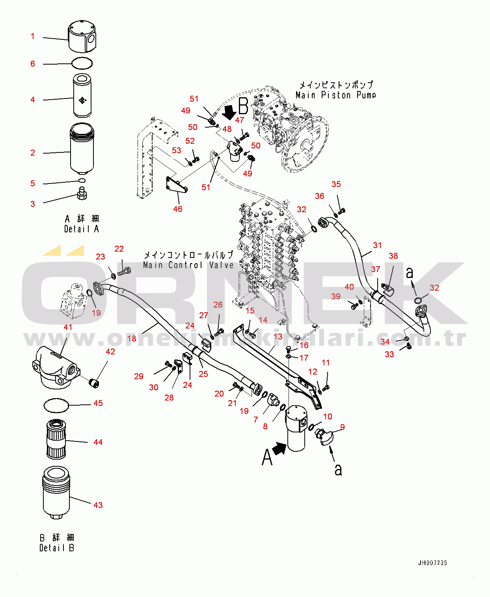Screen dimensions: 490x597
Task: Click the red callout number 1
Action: [33, 36]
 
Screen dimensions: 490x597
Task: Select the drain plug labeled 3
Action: [82, 193]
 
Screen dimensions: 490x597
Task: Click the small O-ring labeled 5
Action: [82, 180]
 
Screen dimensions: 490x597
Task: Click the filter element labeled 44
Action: [56, 439]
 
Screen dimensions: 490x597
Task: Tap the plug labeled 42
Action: [95, 384]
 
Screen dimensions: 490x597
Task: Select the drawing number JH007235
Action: [433, 563]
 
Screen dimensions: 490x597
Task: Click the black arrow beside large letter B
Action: [229, 113]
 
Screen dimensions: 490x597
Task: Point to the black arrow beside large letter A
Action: [279, 449]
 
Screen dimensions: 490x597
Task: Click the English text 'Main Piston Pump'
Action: [336, 95]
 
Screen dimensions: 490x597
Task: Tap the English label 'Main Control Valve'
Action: [188, 265]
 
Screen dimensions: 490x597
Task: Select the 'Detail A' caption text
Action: [82, 229]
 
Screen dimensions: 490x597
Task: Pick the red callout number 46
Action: [178, 209]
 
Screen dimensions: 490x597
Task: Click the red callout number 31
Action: [377, 245]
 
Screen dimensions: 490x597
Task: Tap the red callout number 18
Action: [132, 339]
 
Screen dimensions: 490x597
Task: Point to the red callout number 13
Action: [278, 337]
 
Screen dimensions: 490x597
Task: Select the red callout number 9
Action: [342, 427]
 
